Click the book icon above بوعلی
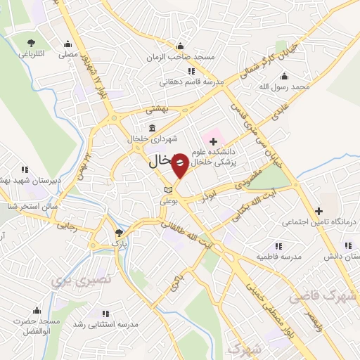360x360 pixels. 167,190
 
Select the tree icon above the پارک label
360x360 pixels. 119,233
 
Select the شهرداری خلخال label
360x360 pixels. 151,139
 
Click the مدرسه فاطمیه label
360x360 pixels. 278,257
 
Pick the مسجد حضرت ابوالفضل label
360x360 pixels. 39,326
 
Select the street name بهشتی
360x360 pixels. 157,110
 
